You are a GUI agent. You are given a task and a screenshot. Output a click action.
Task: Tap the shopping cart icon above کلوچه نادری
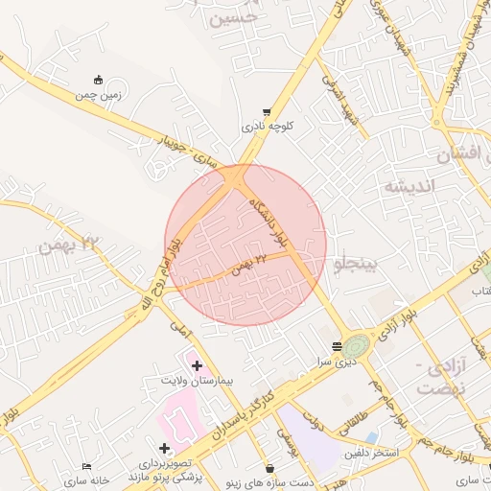pos(266,112)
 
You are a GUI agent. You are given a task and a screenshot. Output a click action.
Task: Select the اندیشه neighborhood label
pos(409,185)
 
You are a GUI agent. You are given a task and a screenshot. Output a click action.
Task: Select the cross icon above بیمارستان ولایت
pos(198,365)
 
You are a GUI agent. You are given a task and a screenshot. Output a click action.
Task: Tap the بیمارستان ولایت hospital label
pos(199,381)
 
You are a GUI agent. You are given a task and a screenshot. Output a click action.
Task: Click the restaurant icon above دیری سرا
pos(337,346)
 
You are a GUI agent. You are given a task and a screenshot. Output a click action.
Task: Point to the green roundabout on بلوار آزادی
pos(357,344)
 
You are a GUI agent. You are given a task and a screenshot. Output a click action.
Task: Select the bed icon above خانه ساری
pos(87,466)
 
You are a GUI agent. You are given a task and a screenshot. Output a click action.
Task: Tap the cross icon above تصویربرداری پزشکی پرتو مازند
pos(165,448)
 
